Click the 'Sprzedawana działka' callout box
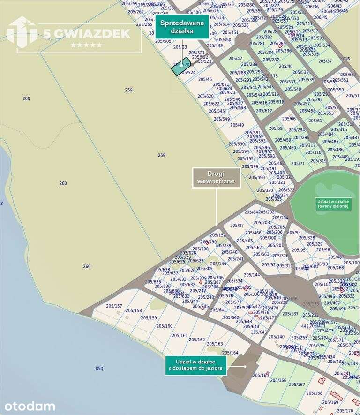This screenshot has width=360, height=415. [182, 26]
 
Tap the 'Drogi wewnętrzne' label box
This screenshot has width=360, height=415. [217, 178]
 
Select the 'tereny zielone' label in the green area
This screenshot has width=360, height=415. [333, 204]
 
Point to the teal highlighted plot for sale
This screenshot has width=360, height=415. [180, 68]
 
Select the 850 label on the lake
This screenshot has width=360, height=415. [99, 369]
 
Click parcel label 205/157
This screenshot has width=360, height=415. [114, 306]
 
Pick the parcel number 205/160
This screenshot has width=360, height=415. [164, 326]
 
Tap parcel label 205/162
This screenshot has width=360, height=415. [197, 340]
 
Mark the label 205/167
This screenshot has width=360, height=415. [297, 385]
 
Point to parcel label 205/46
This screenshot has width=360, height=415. [205, 79]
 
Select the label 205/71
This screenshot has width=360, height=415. [298, 163]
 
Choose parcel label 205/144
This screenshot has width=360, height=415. [252, 274]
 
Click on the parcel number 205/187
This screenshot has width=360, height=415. [291, 314]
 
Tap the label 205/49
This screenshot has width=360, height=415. [237, 125]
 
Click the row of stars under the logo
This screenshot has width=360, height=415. [86, 45]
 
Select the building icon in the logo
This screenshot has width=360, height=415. [22, 33]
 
